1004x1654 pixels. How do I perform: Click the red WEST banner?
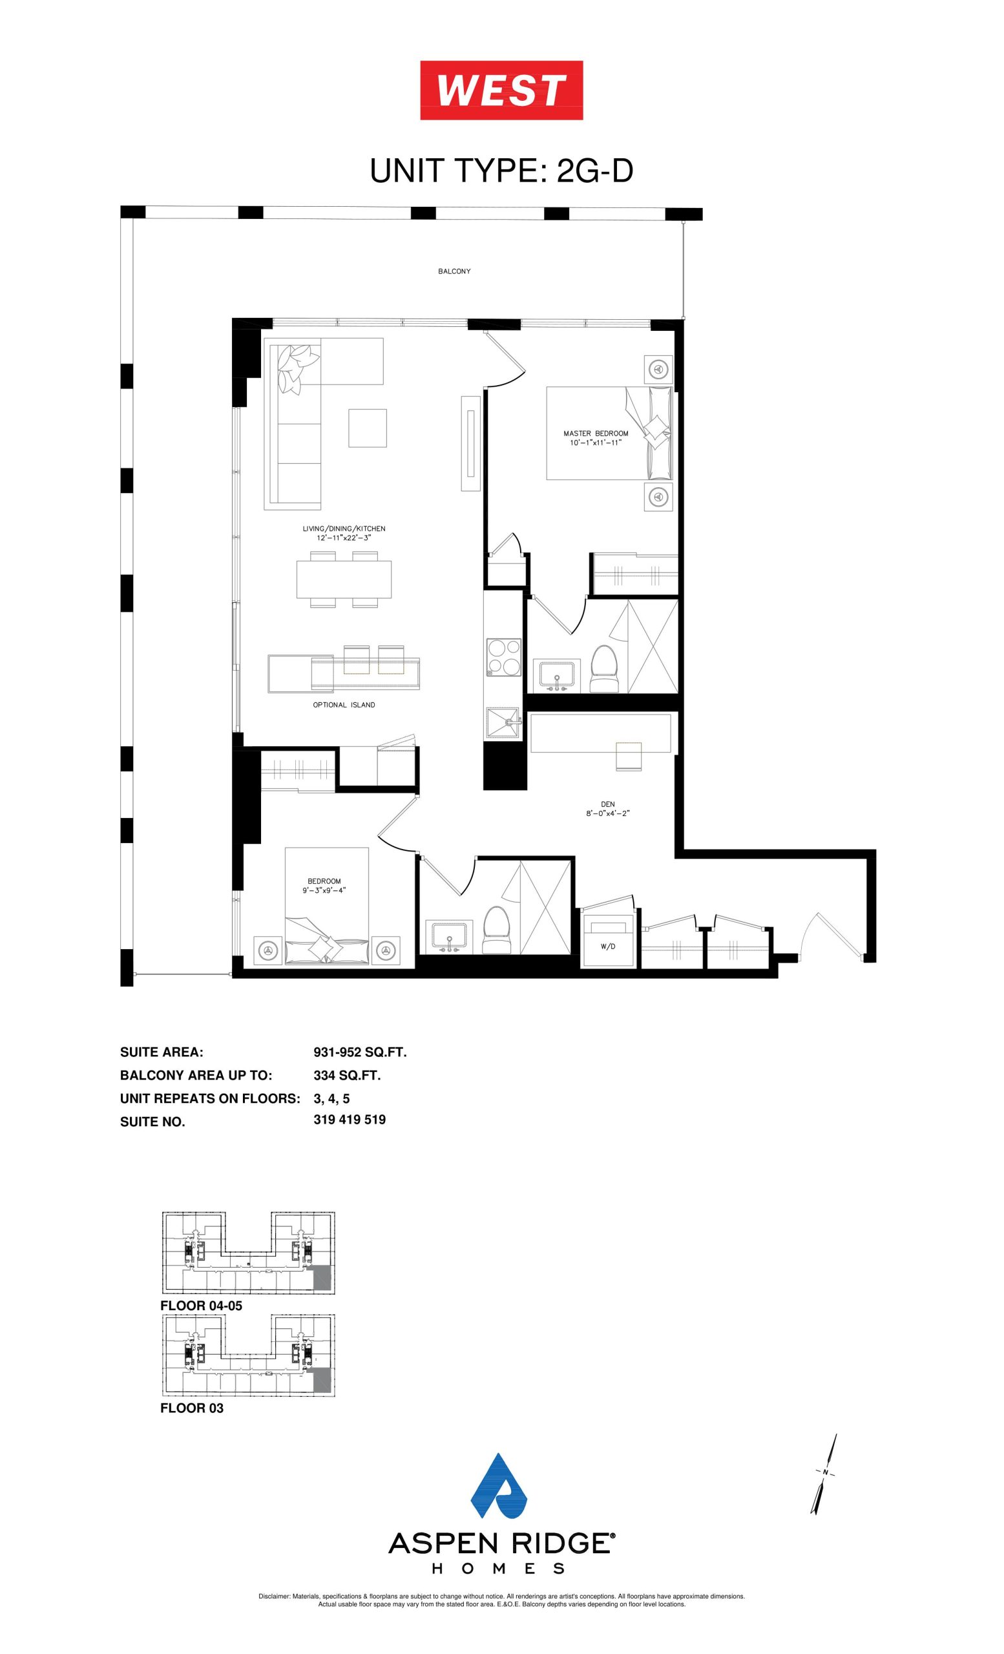coord(501,90)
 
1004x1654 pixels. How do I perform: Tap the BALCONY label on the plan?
coord(454,271)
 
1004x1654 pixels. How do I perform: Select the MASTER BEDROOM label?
coord(596,433)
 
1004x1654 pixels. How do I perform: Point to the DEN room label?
coord(608,804)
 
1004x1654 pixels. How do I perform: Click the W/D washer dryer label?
coord(607,947)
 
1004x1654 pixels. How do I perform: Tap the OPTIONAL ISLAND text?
coord(344,705)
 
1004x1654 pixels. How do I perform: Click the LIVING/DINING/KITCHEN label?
coord(344,529)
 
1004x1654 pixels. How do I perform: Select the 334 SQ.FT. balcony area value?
coord(347,1074)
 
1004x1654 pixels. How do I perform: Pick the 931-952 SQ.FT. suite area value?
coord(361,1052)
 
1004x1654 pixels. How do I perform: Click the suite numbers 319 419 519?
coord(350,1119)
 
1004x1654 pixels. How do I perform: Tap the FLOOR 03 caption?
coord(192,1408)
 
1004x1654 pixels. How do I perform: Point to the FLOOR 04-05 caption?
coord(202,1306)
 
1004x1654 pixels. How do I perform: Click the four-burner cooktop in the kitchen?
coord(504,656)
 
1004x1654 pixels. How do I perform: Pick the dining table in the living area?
coord(344,580)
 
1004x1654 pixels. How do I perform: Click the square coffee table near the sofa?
coord(367,428)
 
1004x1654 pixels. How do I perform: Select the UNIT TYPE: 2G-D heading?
coord(501,171)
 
